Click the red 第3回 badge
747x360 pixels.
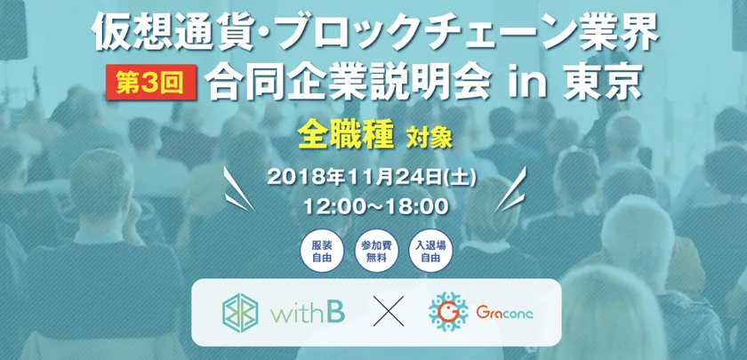[151, 83]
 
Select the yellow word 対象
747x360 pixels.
[430, 139]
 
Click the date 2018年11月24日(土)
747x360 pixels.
[372, 179]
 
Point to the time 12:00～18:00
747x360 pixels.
[376, 205]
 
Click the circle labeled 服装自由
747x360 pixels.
[322, 252]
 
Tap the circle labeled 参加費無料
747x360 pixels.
[376, 252]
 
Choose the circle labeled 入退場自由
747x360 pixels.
[430, 252]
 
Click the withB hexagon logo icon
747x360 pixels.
[241, 312]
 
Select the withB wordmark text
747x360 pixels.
[307, 312]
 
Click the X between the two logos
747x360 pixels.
[389, 311]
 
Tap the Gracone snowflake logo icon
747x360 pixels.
[448, 312]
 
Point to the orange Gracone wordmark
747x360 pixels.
[505, 313]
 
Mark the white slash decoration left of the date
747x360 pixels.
[238, 189]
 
